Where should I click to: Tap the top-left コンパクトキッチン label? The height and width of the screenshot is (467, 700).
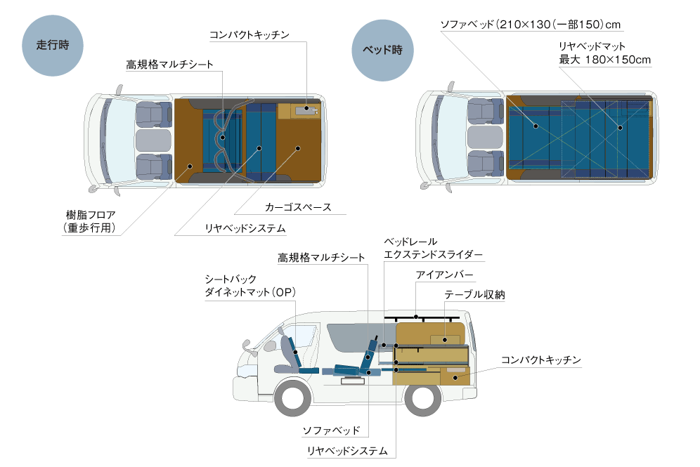coord(249,34)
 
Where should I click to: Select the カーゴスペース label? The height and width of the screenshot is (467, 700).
coord(298,208)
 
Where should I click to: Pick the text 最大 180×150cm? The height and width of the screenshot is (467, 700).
coord(604,60)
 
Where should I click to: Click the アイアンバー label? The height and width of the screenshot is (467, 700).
coord(444,274)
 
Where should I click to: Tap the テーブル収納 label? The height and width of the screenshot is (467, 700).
coord(474,296)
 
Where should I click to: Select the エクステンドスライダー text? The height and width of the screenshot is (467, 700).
coord(433,255)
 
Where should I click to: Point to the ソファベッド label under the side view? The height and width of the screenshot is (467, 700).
coord(331,430)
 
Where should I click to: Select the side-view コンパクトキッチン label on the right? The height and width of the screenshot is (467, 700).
coord(540,360)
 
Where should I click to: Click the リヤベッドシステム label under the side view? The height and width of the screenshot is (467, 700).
coord(347,451)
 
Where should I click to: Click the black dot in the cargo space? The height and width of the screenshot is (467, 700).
coord(298,148)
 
